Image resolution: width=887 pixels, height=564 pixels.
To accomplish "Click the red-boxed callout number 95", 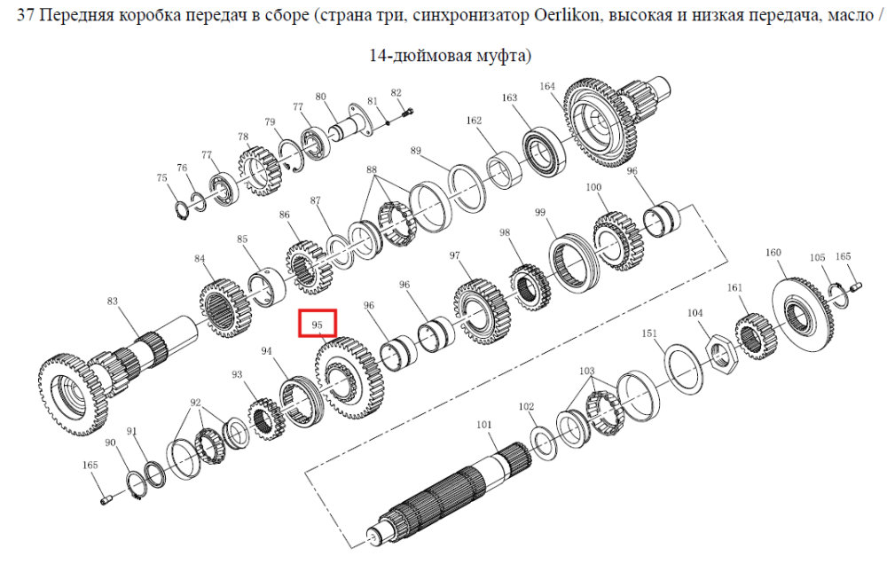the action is point(317,325).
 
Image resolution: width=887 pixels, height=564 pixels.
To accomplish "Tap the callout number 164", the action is point(547,86).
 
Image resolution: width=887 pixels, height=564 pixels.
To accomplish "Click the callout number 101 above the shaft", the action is point(484,424).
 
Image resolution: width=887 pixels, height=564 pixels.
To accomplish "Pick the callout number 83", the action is point(113,301).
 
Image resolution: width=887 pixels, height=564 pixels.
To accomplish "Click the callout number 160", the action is point(773,253).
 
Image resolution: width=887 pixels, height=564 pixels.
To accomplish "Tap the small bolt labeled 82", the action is point(408,114).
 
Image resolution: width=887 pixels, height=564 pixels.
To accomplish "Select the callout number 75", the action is point(161,177).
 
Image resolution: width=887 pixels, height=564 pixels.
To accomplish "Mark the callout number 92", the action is point(196,403).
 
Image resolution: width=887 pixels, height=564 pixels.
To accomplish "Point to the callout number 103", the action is point(587,371).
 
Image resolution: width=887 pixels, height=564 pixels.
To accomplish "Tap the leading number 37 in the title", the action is point(26,15).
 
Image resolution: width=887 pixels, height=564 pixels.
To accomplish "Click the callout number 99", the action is point(540,212).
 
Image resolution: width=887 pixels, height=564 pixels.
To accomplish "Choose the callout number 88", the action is point(371,169).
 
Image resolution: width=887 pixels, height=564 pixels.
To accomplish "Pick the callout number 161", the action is point(734,288).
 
